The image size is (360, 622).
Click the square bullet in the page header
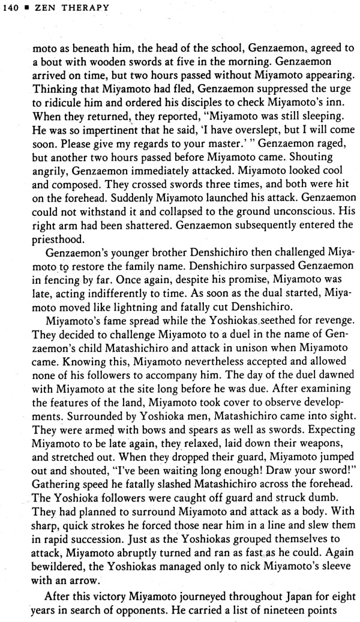(28, 8)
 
